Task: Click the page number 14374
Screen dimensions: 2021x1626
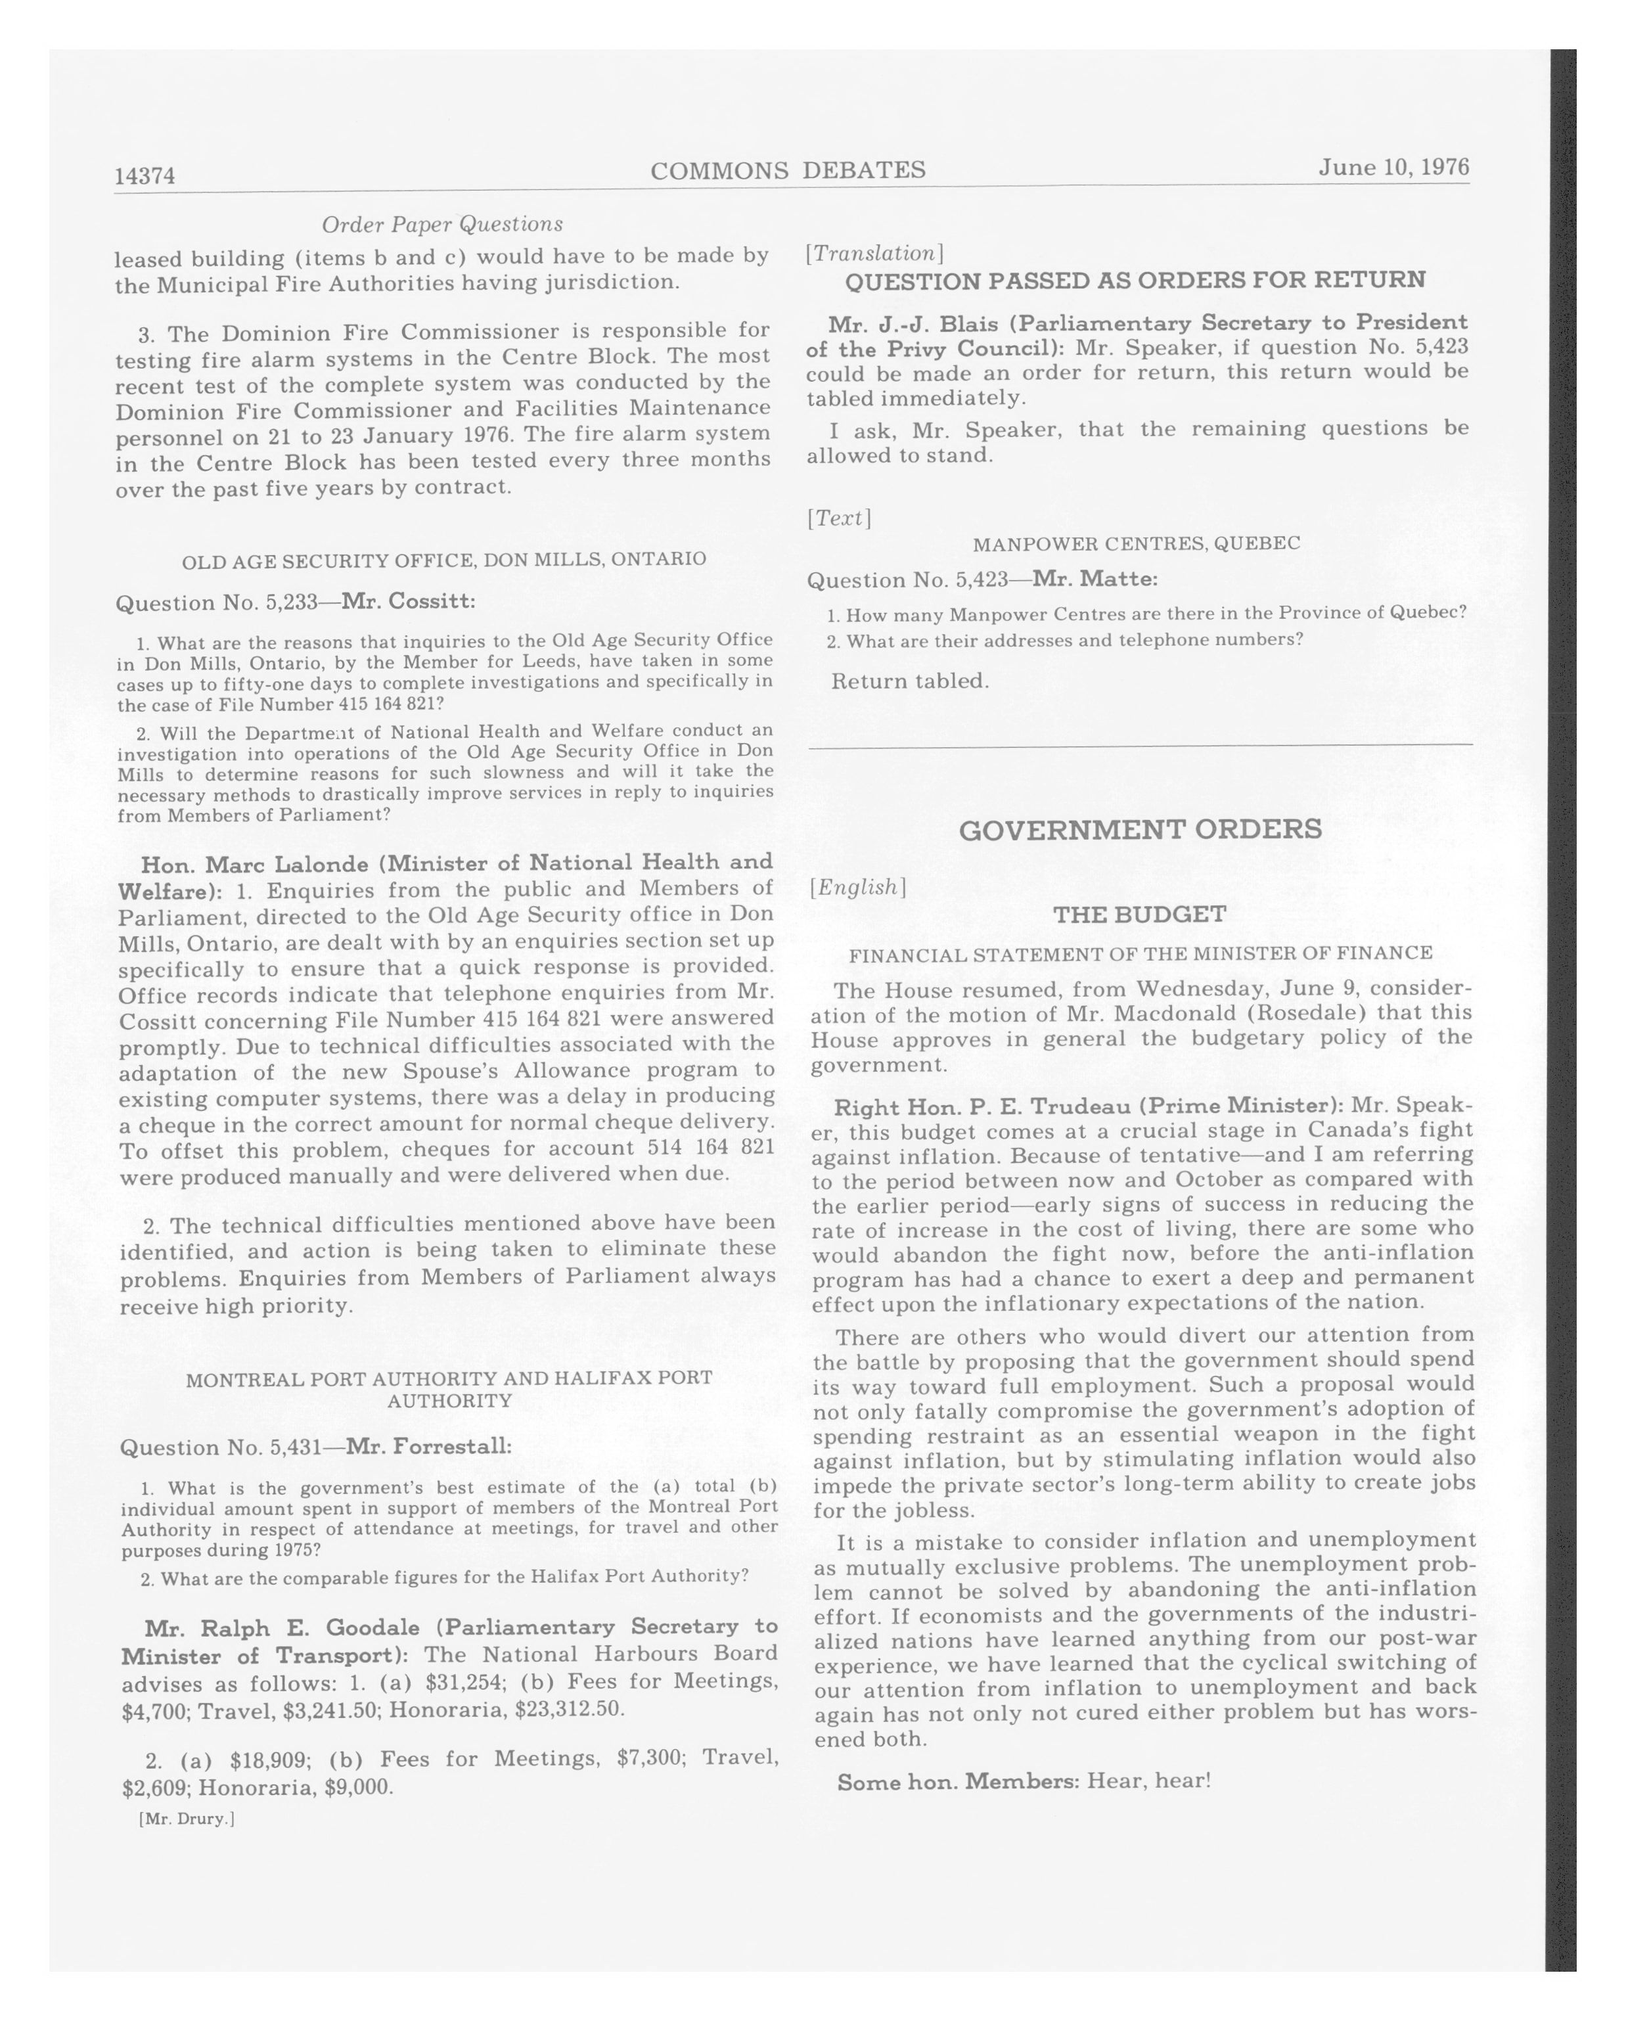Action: (x=145, y=175)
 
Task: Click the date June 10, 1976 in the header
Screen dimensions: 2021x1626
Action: (x=1393, y=167)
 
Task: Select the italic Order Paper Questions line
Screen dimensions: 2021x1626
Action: (x=442, y=224)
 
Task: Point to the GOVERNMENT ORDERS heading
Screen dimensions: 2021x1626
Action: (x=1140, y=829)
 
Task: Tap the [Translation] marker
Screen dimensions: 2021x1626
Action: (x=874, y=253)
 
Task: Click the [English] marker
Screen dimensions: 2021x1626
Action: (x=857, y=887)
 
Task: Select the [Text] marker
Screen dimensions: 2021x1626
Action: (x=839, y=518)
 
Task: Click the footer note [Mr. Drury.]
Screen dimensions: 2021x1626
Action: (x=185, y=1819)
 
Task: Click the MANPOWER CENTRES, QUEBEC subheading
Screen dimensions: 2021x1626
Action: (x=1136, y=543)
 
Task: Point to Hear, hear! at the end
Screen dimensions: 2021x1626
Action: (x=1149, y=1779)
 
